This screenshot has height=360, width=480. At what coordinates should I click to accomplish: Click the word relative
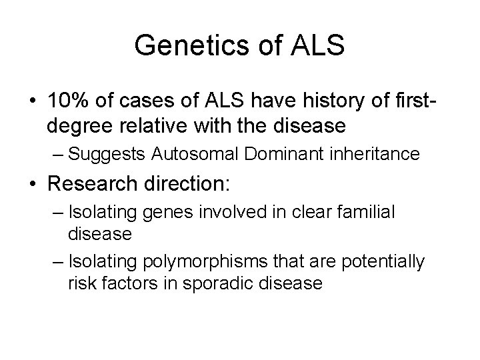(x=166, y=125)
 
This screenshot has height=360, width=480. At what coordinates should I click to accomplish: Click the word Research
(x=95, y=182)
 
